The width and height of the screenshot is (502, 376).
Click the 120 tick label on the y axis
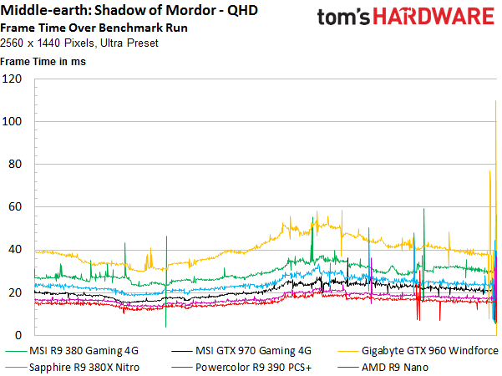[x=12, y=79]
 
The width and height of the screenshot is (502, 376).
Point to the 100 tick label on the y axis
[x=12, y=121]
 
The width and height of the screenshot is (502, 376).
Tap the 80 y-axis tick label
[x=15, y=165]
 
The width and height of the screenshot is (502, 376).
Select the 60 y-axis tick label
[x=15, y=207]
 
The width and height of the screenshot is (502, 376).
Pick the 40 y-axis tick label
[x=15, y=250]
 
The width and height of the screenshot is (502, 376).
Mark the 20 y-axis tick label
[x=15, y=292]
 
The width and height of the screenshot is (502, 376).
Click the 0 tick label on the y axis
[x=18, y=335]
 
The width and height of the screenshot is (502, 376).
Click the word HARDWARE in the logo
[x=434, y=17]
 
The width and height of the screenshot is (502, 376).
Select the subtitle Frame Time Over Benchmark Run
[x=94, y=28]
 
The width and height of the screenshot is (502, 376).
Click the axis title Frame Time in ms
[x=43, y=62]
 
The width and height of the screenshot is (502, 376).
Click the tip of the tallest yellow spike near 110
[x=496, y=101]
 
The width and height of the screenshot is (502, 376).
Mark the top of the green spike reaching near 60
[x=423, y=209]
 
